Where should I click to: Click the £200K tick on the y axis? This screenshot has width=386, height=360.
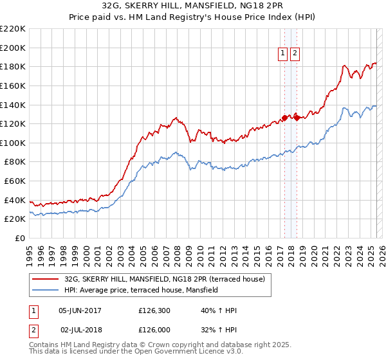click(13, 48)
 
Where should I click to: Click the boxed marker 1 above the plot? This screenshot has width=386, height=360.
click(283, 54)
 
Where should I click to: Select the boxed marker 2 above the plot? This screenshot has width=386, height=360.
click(295, 54)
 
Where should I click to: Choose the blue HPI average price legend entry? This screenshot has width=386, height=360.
click(141, 290)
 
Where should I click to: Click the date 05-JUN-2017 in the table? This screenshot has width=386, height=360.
click(80, 310)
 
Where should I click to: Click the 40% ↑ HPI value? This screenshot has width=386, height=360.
click(219, 310)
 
